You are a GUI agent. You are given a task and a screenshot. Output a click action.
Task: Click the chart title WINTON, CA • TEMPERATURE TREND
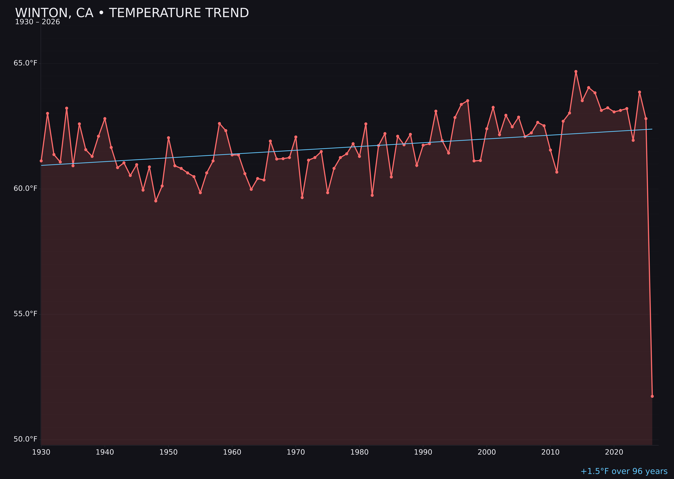(x=132, y=13)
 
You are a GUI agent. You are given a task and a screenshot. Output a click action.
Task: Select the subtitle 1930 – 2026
(x=37, y=22)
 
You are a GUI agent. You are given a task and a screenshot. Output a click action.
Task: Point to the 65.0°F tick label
(x=25, y=63)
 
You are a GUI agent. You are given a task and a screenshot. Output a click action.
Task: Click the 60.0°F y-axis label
(x=25, y=188)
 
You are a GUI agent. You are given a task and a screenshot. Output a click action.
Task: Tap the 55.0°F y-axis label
(x=25, y=314)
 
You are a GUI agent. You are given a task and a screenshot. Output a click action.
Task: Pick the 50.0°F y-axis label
(x=25, y=439)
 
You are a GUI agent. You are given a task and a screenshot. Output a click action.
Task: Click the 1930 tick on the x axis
(x=41, y=452)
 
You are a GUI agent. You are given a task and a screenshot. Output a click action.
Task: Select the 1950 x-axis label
(x=168, y=452)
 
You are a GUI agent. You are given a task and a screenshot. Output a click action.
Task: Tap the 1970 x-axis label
(x=296, y=452)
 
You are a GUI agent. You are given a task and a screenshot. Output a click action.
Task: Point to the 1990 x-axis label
(x=423, y=452)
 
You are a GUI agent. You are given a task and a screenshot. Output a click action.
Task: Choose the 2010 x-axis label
(x=550, y=452)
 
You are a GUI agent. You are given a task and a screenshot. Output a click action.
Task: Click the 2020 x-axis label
(x=614, y=452)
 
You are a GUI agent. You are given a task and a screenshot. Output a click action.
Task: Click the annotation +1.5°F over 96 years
(x=624, y=471)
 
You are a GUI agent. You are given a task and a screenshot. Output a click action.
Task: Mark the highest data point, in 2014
(x=576, y=71)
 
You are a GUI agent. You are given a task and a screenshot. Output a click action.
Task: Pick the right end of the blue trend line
(x=652, y=129)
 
